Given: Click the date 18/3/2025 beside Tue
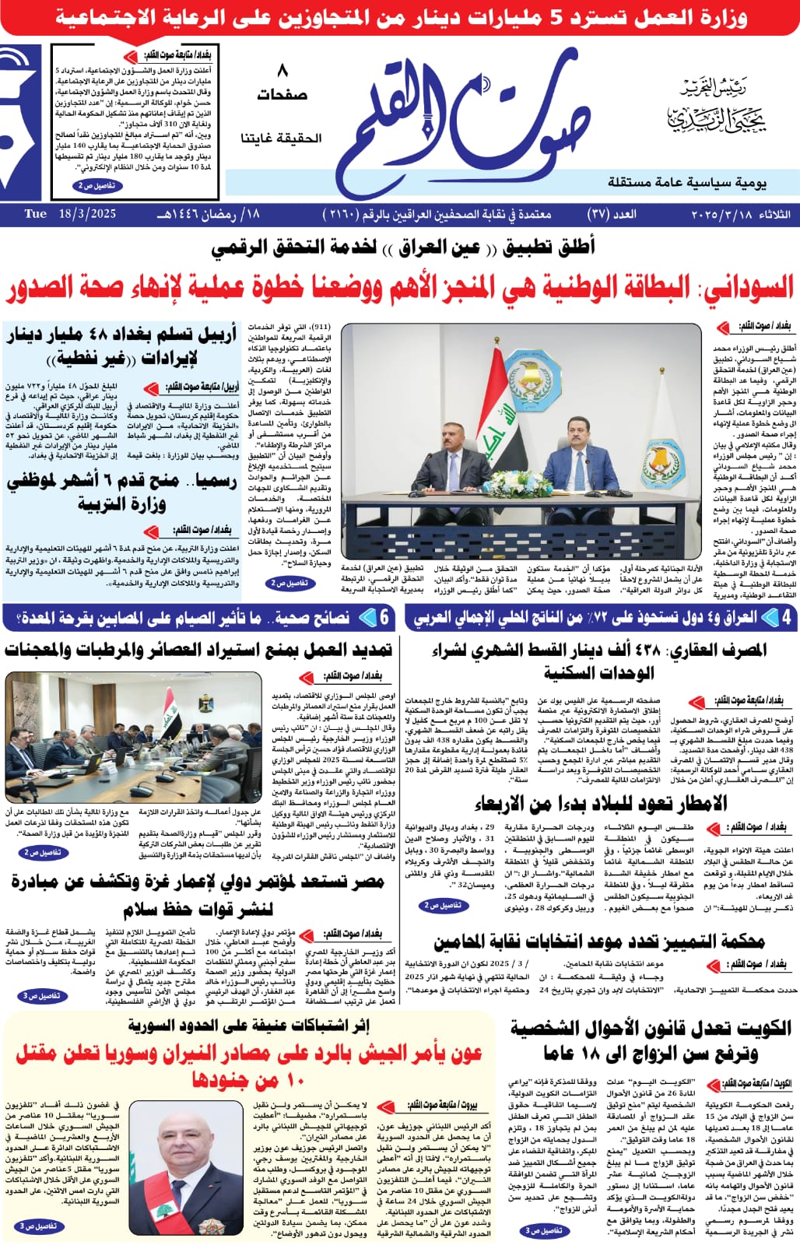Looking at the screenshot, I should (x=87, y=214).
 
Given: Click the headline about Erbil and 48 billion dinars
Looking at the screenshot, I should (x=121, y=347).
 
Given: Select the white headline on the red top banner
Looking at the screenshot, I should (x=400, y=18).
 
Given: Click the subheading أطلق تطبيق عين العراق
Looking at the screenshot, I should (x=403, y=247).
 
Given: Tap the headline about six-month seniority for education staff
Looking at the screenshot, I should (x=121, y=492).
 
